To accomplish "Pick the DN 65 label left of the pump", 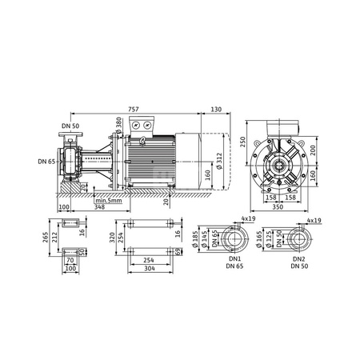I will point(46,162).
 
